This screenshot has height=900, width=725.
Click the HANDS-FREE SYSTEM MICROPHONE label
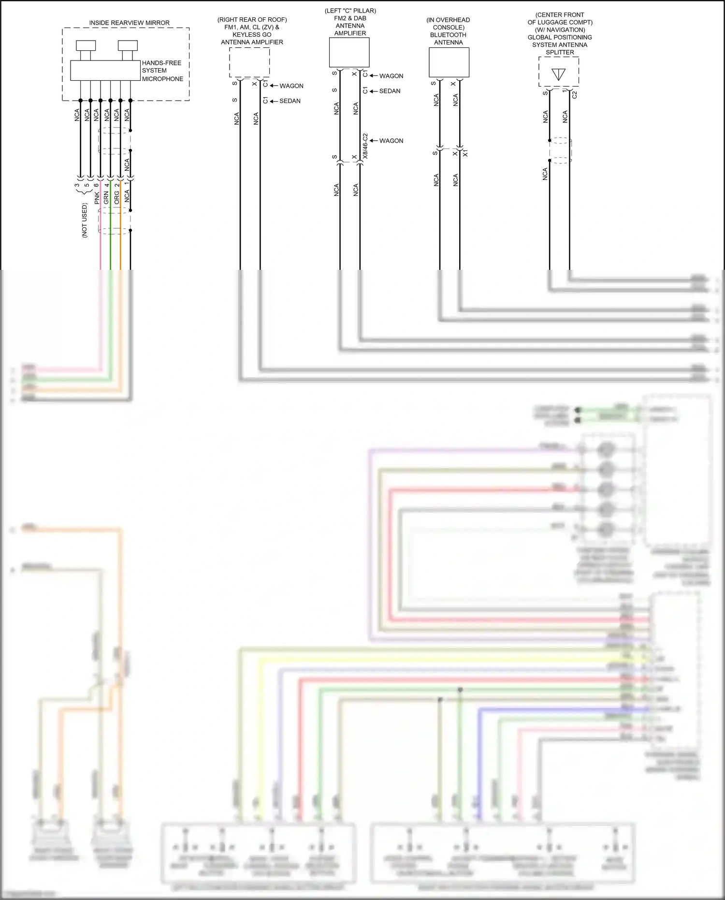(162, 71)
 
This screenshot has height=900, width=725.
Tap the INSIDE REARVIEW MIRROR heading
(129, 23)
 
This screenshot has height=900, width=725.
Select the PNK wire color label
(97, 197)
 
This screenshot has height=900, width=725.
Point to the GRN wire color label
(106, 197)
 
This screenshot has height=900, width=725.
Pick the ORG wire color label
(116, 197)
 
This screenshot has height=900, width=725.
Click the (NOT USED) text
(85, 220)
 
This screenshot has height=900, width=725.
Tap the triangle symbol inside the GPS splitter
(558, 74)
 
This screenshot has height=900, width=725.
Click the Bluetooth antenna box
(449, 62)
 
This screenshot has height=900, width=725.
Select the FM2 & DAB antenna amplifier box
(349, 52)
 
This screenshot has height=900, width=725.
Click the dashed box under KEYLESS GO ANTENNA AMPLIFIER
(249, 62)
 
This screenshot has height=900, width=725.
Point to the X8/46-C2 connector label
(365, 146)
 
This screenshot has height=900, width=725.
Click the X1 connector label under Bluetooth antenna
(465, 153)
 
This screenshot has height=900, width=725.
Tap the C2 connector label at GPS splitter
(575, 95)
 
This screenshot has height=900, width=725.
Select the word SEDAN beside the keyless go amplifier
(290, 101)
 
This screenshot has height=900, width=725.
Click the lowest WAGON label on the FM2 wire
(391, 141)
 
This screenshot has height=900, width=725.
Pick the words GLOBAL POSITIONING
(560, 37)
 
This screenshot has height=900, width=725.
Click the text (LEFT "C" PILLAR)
(350, 11)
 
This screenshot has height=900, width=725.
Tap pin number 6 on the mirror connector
(97, 185)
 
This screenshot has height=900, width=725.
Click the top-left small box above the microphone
(86, 45)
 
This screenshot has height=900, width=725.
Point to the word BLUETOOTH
(448, 35)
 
